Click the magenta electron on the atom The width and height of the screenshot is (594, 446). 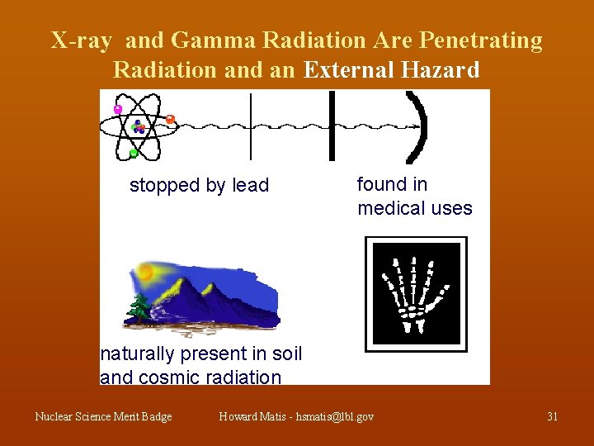pos(118,108)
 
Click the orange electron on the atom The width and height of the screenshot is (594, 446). pos(170,119)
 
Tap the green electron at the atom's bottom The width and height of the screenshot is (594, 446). pos(134,153)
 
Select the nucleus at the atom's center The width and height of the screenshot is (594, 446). pos(138,127)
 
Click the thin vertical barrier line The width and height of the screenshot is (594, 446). pos(251,126)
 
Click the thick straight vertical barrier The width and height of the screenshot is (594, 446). pos(332,126)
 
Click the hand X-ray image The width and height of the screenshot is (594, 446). pos(416,294)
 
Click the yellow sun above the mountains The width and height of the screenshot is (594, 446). pos(147,271)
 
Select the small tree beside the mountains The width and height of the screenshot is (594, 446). pos(138,310)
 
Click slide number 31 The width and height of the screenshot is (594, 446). pos(552,417)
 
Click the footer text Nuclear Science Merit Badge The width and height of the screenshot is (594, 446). pos(103,417)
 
